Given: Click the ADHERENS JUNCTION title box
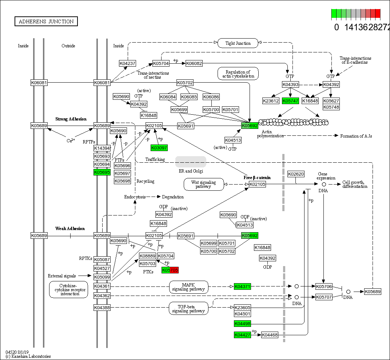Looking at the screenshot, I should click(46, 21).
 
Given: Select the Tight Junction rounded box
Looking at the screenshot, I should click(238, 43).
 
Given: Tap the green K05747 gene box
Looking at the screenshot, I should click(290, 101).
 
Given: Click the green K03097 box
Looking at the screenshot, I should click(159, 147).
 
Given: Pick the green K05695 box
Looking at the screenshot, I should click(102, 172).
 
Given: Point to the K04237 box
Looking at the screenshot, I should click(127, 63).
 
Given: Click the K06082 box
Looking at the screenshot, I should click(194, 63).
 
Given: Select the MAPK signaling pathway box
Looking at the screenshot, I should click(188, 287).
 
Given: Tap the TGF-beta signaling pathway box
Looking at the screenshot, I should click(188, 308).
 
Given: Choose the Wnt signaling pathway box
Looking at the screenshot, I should click(203, 184).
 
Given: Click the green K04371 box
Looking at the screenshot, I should click(242, 286).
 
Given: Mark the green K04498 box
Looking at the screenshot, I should click(242, 324).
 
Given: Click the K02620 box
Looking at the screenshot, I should click(295, 174).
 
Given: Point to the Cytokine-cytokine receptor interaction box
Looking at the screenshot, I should click(68, 289).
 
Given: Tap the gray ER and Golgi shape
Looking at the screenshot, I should click(191, 162).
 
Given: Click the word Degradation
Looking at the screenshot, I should click(173, 197).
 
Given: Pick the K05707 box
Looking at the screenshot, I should click(323, 297).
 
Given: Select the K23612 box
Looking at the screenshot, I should click(271, 101).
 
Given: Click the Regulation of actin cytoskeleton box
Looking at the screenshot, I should click(238, 74).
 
